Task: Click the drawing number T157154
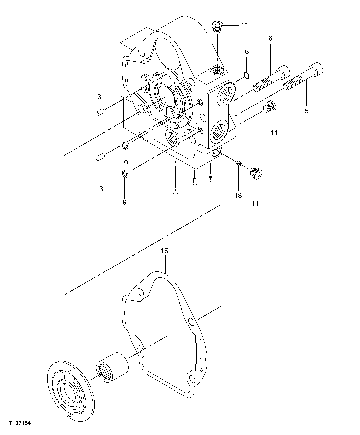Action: (20, 423)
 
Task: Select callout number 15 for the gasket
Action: (164, 251)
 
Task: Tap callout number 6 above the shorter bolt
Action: (270, 38)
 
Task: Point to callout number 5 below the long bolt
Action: (306, 111)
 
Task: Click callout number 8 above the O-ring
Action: (247, 51)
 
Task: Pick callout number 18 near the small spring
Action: (238, 196)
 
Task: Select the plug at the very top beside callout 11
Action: (218, 27)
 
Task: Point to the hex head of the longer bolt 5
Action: (317, 69)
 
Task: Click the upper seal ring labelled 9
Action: (125, 146)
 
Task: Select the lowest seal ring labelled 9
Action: (124, 174)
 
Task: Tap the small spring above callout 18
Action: (239, 163)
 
